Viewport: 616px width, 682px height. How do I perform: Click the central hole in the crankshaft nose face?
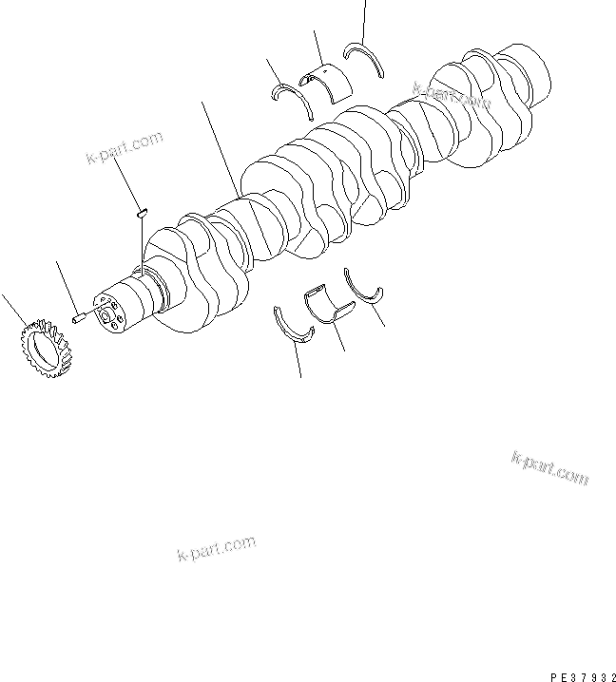(x=108, y=313)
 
